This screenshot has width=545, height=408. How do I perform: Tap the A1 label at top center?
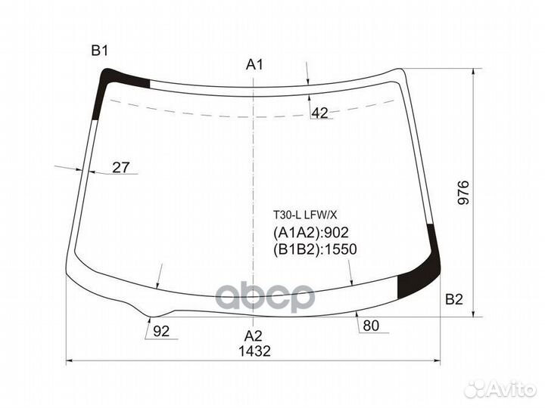pyautogui.click(x=254, y=65)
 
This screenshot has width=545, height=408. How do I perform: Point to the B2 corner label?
pyautogui.click(x=453, y=299)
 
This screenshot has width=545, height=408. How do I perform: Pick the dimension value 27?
pyautogui.click(x=121, y=168)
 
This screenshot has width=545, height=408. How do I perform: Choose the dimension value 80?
pyautogui.click(x=371, y=326)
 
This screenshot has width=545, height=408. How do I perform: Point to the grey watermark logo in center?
pyautogui.click(x=266, y=296)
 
